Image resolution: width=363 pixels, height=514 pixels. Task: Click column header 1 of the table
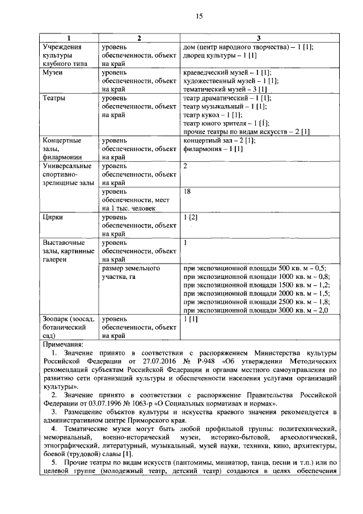70,38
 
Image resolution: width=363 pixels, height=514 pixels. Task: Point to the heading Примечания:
63,345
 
